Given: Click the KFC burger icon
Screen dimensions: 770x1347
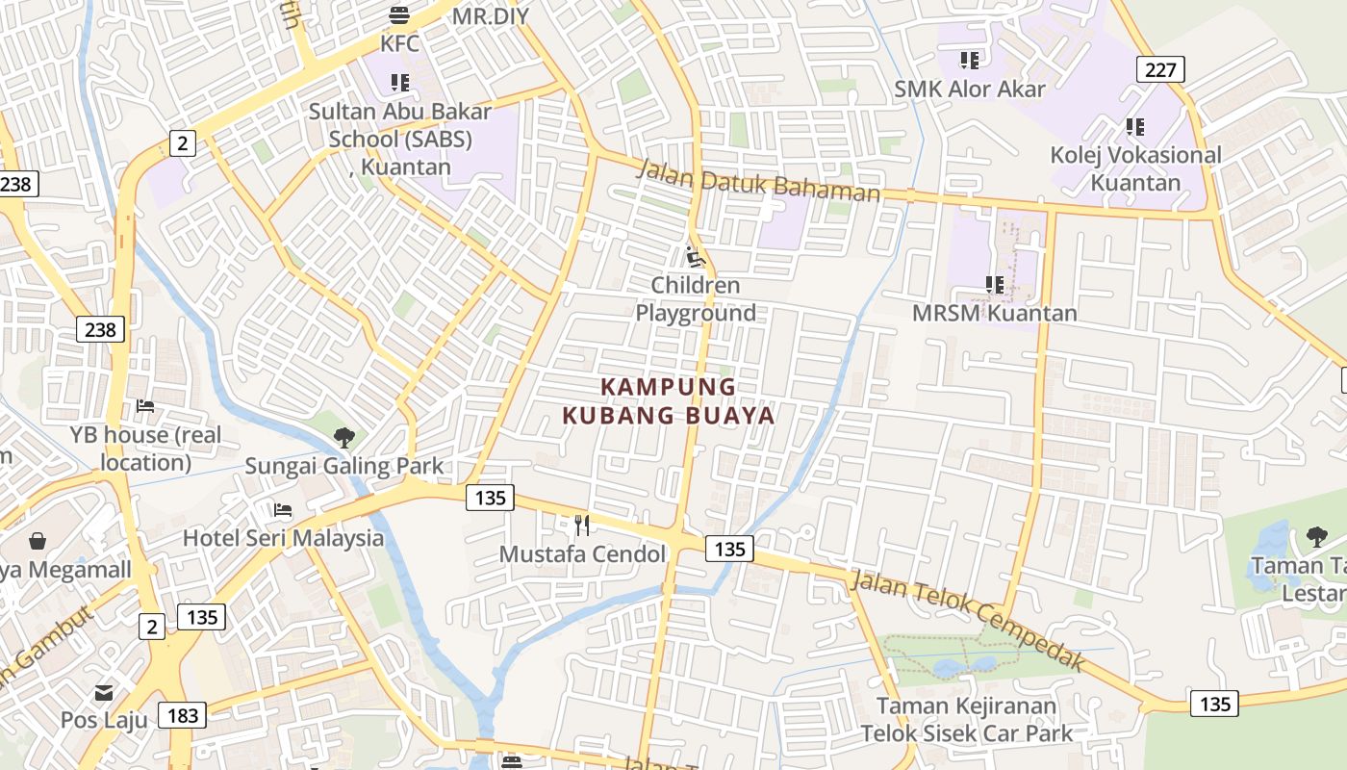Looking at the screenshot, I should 399,14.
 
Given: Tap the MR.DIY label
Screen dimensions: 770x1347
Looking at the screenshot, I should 493,15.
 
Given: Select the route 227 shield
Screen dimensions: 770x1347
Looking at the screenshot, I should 1160,69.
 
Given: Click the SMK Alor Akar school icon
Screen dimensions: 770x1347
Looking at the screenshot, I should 970,61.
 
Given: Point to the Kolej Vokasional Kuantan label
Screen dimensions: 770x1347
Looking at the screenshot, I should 1135,168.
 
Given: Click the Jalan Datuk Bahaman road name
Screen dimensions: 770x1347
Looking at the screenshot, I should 758,181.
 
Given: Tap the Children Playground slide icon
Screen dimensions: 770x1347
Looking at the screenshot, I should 696,257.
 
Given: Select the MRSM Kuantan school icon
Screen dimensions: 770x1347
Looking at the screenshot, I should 995,285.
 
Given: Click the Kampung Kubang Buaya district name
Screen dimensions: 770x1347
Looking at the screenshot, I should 669,400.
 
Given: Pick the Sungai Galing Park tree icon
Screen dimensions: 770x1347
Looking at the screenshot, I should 343,438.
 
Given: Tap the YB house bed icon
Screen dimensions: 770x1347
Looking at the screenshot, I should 145,406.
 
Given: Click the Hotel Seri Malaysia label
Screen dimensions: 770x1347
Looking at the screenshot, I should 283,537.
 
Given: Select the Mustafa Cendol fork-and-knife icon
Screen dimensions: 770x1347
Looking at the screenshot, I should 582,525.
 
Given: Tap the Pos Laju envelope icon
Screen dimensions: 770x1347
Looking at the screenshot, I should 104,692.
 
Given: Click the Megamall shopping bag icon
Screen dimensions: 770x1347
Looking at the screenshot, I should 38,541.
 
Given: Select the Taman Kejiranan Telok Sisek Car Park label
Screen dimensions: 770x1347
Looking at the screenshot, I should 966,719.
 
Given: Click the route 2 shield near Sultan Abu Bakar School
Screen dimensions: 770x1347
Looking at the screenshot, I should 182,143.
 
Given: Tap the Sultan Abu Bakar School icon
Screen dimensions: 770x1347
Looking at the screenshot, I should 399,83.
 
